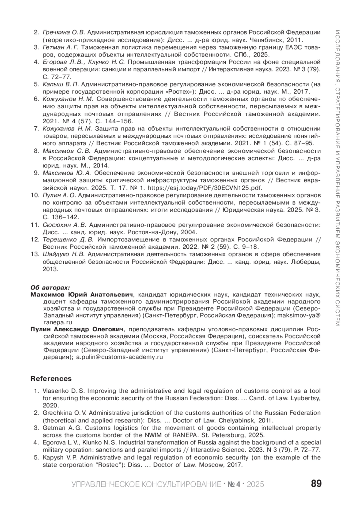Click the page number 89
[x=316, y=484]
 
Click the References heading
[x=51, y=379]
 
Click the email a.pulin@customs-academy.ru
[x=119, y=357]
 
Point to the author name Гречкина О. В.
[x=64, y=32]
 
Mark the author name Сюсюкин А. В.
[x=64, y=225]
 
